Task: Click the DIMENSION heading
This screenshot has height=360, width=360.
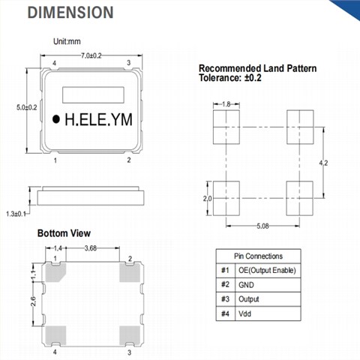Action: pos(70,13)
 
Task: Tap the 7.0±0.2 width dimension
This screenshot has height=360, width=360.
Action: pos(91,55)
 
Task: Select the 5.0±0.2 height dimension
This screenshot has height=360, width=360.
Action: pos(27,107)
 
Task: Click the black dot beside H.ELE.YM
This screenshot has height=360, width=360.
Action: pos(56,119)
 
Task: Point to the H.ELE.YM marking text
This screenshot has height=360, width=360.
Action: pos(98,119)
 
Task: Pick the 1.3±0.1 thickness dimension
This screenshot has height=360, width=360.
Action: pos(16,214)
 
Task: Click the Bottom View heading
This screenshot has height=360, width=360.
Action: pos(64,233)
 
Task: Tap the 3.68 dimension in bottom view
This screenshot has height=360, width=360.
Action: pos(91,248)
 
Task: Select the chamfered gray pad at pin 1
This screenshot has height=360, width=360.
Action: pos(55,272)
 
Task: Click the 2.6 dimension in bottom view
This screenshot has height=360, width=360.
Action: pos(34,301)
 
